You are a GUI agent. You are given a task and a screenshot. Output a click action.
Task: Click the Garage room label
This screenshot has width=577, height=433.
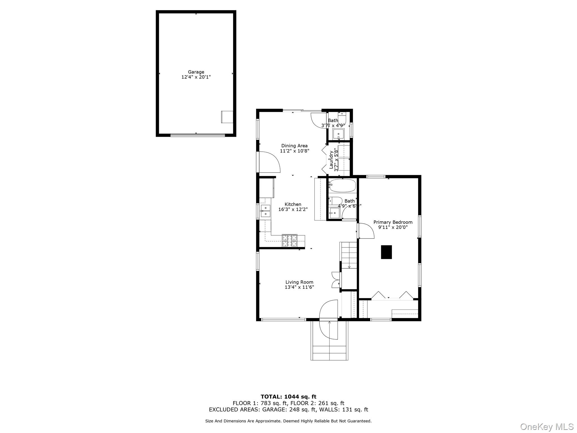(x=196, y=72)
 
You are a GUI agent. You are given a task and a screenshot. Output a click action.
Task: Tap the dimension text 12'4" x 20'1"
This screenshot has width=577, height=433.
(x=196, y=77)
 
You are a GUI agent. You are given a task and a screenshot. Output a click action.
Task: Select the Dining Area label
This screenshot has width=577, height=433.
(x=294, y=146)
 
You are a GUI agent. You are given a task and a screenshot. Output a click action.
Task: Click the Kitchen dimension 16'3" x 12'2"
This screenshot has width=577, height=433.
(x=293, y=209)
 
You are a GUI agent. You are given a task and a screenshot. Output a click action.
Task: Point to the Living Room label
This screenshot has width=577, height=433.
(x=299, y=282)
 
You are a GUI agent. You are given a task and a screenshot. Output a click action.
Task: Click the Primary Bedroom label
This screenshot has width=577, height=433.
(x=393, y=222)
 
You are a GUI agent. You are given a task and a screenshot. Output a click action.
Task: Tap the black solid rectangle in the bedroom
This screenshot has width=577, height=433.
(x=386, y=252)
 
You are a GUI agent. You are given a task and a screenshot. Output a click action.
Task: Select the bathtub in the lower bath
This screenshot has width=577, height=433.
(x=342, y=185)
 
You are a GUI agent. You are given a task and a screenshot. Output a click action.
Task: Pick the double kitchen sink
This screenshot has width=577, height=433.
(x=68, y=211)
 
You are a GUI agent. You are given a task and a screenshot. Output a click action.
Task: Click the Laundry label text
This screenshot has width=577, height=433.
(x=331, y=160)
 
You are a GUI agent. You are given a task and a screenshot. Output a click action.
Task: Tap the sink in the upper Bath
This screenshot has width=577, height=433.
(x=338, y=134)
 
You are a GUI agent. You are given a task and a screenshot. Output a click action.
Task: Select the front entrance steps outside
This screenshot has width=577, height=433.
(x=329, y=352)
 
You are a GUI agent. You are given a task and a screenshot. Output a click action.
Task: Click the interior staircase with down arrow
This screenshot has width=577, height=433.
(x=349, y=255)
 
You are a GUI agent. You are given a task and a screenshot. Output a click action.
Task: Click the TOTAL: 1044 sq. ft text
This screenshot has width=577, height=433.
(x=288, y=397)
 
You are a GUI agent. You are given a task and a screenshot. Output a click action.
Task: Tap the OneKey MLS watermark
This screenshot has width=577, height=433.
(x=547, y=427)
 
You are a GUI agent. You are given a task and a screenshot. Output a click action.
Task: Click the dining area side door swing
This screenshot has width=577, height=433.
(x=269, y=162)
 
